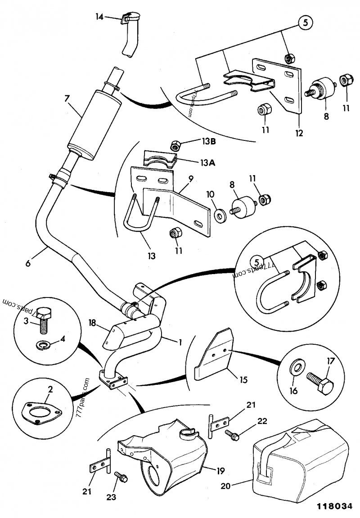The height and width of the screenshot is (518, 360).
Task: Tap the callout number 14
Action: click(99, 17)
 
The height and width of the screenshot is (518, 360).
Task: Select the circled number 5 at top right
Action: click(305, 23)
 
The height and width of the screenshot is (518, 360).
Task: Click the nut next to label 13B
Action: click(176, 146)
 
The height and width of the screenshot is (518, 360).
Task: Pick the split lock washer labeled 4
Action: click(43, 345)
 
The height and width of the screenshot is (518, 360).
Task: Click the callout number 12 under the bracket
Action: click(300, 133)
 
